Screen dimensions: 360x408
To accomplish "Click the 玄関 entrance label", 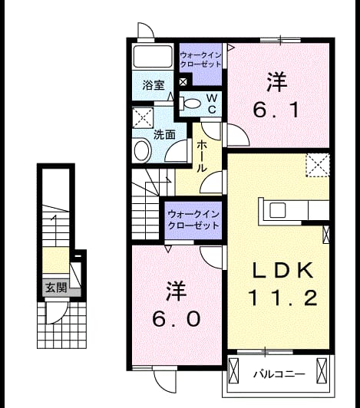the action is [x=56, y=288].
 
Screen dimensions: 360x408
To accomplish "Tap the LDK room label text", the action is [x=283, y=271].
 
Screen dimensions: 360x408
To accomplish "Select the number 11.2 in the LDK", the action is [x=283, y=298].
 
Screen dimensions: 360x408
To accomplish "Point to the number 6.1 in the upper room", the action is [x=276, y=110].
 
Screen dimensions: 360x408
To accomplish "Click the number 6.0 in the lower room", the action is [x=177, y=319].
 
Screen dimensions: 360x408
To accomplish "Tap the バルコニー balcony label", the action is [x=279, y=374].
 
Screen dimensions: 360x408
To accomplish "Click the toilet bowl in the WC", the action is [x=191, y=104].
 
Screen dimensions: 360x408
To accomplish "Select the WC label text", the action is [x=212, y=104].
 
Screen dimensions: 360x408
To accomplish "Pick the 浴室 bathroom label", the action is [x=154, y=85].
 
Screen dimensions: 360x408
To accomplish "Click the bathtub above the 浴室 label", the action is [x=153, y=57].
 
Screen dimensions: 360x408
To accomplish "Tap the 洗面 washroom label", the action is [x=164, y=135].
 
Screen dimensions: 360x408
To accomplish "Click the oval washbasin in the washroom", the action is [x=142, y=151].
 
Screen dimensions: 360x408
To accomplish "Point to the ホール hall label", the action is [x=202, y=156].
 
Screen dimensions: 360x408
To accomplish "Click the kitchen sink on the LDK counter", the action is [x=277, y=210].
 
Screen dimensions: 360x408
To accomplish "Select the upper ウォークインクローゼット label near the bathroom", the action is [x=200, y=60].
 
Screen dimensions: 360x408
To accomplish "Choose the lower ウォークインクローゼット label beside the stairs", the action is [x=193, y=220].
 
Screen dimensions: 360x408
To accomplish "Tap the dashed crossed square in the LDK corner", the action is [x=318, y=166].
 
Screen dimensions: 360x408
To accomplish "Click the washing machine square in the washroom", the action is [x=143, y=117].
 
